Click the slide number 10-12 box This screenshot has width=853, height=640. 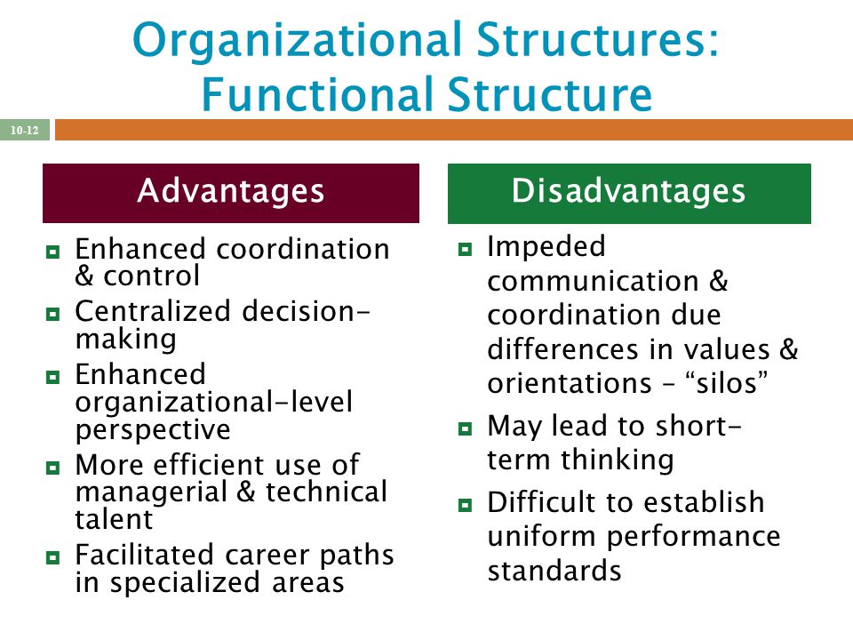(x=25, y=131)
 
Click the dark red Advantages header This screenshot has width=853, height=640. (x=231, y=192)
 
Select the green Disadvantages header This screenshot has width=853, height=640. (x=628, y=192)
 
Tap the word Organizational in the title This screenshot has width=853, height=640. (x=287, y=41)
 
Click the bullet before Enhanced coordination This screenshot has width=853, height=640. (x=52, y=252)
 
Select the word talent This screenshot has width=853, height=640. (x=114, y=519)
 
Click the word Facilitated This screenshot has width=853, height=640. (x=134, y=555)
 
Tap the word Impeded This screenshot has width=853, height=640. (x=546, y=246)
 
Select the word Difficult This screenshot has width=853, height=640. (x=546, y=502)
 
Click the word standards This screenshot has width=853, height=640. (x=554, y=570)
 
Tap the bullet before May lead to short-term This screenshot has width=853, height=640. (x=465, y=429)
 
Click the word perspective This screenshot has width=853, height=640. (x=153, y=430)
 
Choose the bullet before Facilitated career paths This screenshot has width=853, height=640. (x=52, y=558)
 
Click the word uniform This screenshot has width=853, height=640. (x=540, y=536)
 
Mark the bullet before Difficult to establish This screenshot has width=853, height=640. (x=465, y=505)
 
